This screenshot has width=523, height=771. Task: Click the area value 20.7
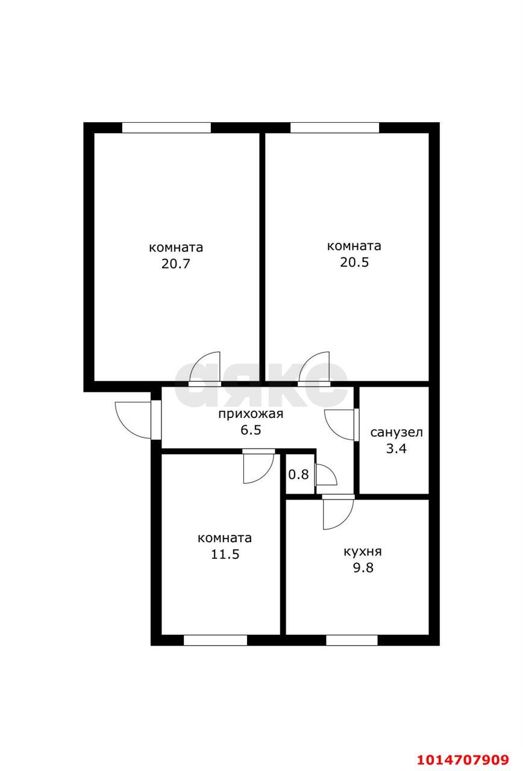click(175, 264)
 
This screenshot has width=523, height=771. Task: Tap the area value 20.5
click(354, 263)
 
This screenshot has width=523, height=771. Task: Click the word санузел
click(396, 432)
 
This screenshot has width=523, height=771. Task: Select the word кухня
click(363, 552)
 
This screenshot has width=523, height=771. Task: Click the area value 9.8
click(363, 567)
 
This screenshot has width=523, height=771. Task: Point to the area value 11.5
click(225, 554)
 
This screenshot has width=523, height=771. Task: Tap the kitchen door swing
click(337, 514)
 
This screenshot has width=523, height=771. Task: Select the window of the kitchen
click(352, 640)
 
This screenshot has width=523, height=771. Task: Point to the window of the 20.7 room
click(166, 128)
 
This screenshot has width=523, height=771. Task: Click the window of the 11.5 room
click(215, 640)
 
